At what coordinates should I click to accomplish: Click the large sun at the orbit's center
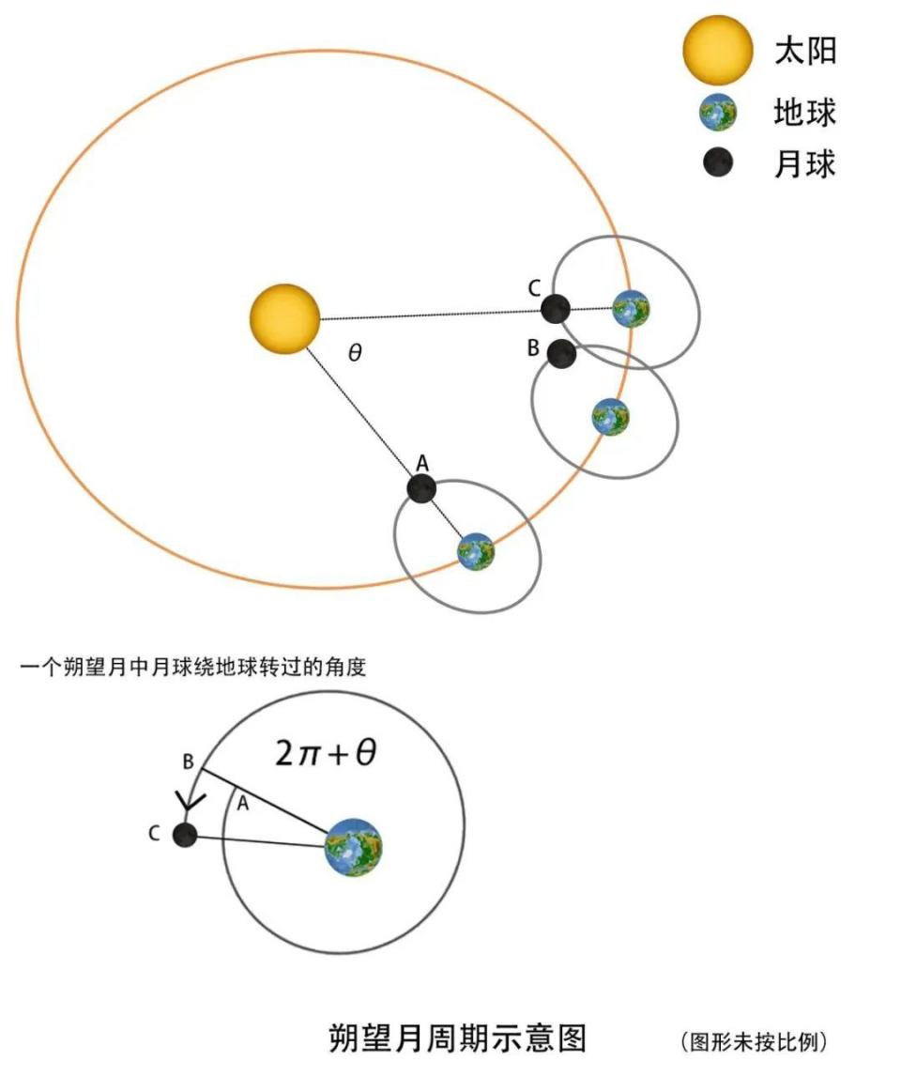point(285,318)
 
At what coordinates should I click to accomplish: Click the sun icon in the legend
point(718,50)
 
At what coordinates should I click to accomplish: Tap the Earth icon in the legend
point(718,113)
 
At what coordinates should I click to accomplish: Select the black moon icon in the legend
point(718,162)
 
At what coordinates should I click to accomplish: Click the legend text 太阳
point(805,51)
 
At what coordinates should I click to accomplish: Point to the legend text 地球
point(805,112)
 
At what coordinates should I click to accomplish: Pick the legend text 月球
point(805,164)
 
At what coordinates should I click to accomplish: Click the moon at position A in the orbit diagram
point(421,488)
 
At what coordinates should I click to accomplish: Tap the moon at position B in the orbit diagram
point(562,353)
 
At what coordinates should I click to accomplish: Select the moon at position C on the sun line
point(556,308)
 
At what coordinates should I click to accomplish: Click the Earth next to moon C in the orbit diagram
point(631,308)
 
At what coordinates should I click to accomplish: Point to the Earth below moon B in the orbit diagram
point(610,417)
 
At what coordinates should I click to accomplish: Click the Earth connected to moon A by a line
point(476,551)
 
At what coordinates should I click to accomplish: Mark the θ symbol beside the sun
point(355,353)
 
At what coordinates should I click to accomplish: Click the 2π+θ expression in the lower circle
point(326,753)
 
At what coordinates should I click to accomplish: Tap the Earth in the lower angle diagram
point(353,848)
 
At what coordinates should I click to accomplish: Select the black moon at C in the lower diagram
point(185,836)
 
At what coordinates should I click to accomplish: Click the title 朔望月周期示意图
point(458,1038)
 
